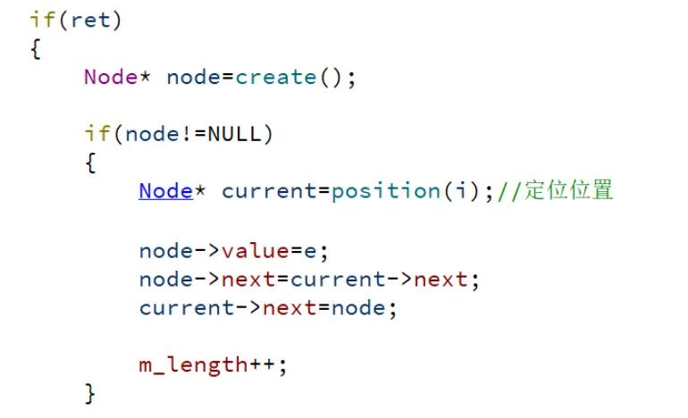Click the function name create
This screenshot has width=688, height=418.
tap(276, 77)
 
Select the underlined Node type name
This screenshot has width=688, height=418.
tap(165, 190)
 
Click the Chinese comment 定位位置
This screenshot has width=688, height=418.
tap(568, 190)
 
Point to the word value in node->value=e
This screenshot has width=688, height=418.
tap(256, 251)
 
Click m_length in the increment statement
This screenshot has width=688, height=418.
tap(193, 364)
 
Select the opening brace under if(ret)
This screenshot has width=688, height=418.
tap(35, 48)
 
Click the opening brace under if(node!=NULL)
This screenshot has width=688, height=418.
tap(90, 163)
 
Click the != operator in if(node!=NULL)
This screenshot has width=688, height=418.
tap(194, 134)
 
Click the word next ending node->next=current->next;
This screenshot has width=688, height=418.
tap(441, 280)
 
